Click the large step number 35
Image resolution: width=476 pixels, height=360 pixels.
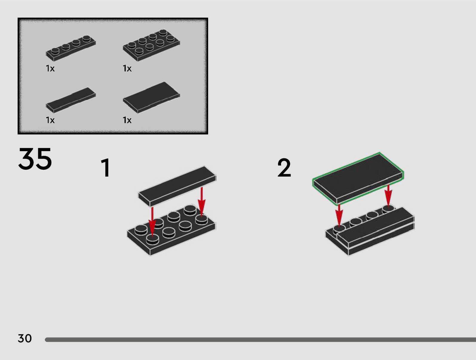(x=35, y=159)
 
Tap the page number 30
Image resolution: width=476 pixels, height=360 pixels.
(x=25, y=338)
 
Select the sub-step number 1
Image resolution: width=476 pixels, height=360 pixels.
(x=106, y=167)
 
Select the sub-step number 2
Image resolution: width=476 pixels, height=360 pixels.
(x=284, y=167)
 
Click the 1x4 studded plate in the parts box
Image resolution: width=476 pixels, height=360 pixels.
(x=71, y=48)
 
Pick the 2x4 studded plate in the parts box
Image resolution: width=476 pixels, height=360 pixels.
(x=151, y=45)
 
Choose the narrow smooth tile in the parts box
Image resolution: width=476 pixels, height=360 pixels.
(x=71, y=100)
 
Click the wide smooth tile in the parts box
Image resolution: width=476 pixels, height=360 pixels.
(x=151, y=97)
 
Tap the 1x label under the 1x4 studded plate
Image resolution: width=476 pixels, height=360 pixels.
(x=50, y=68)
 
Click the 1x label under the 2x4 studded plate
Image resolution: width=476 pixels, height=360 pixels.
(x=127, y=68)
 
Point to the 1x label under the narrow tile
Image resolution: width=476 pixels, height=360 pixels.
(x=50, y=120)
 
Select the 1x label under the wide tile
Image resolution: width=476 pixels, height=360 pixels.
(x=127, y=120)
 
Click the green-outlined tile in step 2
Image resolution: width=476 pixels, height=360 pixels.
(x=358, y=178)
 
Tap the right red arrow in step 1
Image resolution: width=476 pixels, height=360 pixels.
(x=202, y=201)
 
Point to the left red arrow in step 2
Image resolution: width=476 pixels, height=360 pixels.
(x=339, y=216)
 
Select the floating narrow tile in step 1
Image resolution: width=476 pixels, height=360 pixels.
(x=177, y=186)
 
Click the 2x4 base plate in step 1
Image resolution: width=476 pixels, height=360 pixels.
(x=171, y=230)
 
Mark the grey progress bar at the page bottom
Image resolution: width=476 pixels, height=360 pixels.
(x=260, y=340)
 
